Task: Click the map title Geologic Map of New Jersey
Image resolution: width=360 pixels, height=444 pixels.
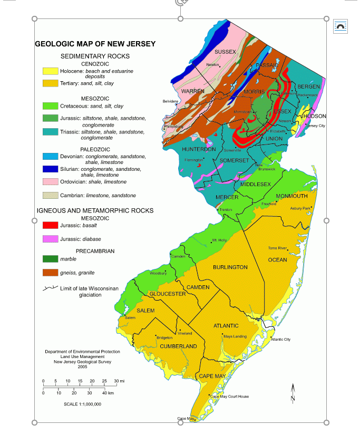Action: coord(95,44)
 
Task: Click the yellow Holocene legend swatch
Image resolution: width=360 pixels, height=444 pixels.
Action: coord(50,71)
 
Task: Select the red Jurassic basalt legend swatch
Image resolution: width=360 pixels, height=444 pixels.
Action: coord(50,225)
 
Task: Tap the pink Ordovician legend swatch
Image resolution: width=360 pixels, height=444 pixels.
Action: coord(50,182)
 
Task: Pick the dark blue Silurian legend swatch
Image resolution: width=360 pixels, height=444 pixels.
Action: coord(50,169)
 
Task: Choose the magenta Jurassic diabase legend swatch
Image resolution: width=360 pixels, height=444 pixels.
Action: coord(50,239)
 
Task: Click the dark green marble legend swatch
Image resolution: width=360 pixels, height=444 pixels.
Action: coord(50,259)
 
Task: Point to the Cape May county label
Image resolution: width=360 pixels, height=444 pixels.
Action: coord(212,376)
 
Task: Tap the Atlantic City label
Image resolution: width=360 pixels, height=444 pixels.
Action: coord(280,340)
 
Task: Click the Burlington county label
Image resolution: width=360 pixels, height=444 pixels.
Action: coord(230,267)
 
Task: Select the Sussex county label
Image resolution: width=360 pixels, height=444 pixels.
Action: coord(225,52)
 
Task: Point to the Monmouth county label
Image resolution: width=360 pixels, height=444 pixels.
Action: coord(291,196)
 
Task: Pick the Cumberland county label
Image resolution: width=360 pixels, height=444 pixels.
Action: coord(178,346)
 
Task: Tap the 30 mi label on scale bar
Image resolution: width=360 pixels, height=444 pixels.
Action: coord(119,380)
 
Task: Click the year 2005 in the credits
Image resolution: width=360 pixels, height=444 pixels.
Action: coord(82,367)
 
